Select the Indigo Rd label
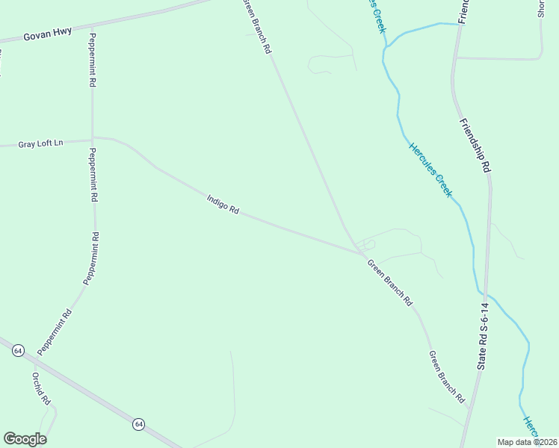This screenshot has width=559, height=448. click(x=223, y=205)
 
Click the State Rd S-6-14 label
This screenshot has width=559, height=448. click(x=484, y=336)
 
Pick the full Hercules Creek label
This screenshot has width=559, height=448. click(x=430, y=169)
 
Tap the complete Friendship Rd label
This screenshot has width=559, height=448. click(x=475, y=146)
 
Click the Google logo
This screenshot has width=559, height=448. click(x=25, y=439)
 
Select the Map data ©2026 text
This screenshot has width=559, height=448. click(x=528, y=442)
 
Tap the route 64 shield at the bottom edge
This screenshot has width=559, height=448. click(x=139, y=424)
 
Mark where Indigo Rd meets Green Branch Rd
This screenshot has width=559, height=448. click(x=362, y=254)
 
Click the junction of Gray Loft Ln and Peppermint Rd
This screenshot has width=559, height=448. click(x=92, y=138)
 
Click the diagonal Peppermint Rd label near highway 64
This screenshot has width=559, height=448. click(x=55, y=332)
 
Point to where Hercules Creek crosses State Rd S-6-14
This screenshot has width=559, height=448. click(x=484, y=293)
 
